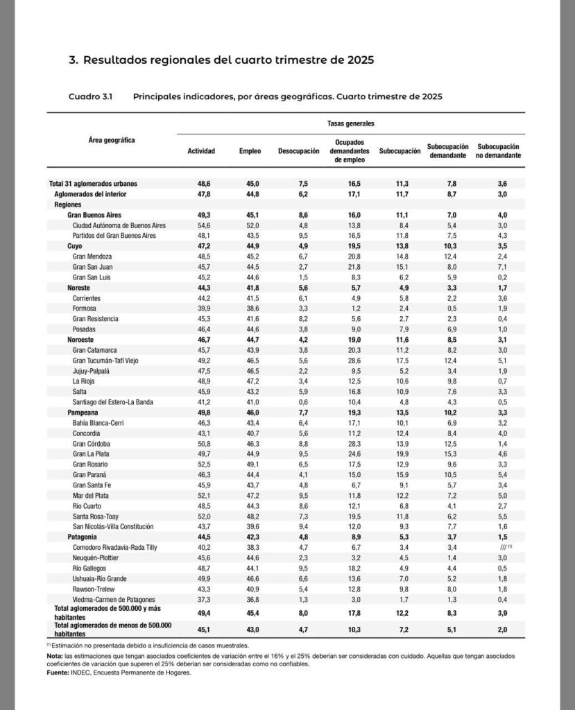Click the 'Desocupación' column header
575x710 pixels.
pos(298,151)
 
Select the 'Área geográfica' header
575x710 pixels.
pos(112,141)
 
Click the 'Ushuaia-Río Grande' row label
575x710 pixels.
pos(101,578)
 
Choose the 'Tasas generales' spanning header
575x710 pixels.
pos(350,123)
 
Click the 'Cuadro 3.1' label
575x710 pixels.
pos(90,96)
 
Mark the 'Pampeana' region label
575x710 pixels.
pos(83,412)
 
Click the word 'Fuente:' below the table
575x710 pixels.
pos(59,671)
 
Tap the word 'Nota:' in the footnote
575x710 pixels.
pos(55,655)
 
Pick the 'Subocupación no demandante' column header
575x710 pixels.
pos(499,151)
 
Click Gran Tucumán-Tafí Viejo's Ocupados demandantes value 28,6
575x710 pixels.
pos(347,360)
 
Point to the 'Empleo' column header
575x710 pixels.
pos(250,151)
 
